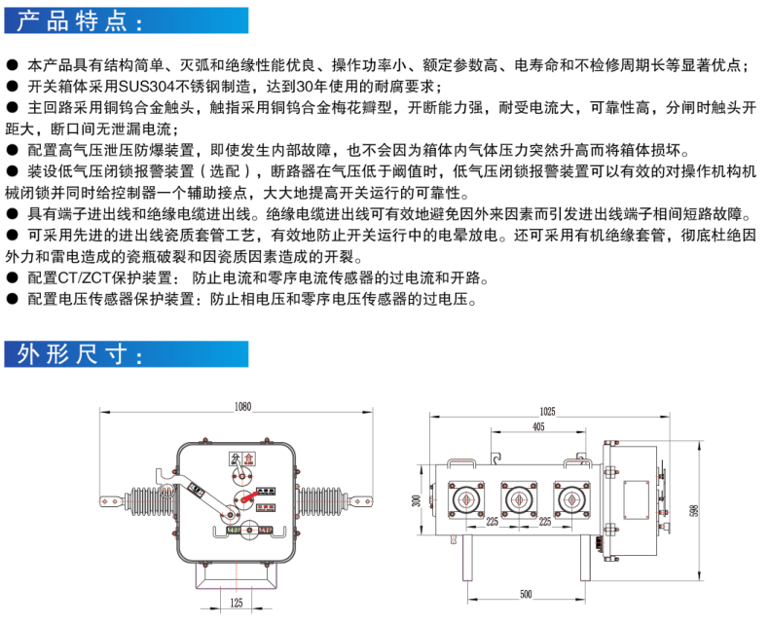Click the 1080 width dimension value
pyautogui.click(x=242, y=407)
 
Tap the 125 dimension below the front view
pyautogui.click(x=237, y=604)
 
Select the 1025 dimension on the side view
pyautogui.click(x=547, y=412)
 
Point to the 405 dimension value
pyautogui.click(x=538, y=427)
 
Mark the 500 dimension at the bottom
pyautogui.click(x=526, y=594)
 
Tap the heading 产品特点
pyautogui.click(x=78, y=19)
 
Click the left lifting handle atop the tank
pyautogui.click(x=460, y=462)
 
